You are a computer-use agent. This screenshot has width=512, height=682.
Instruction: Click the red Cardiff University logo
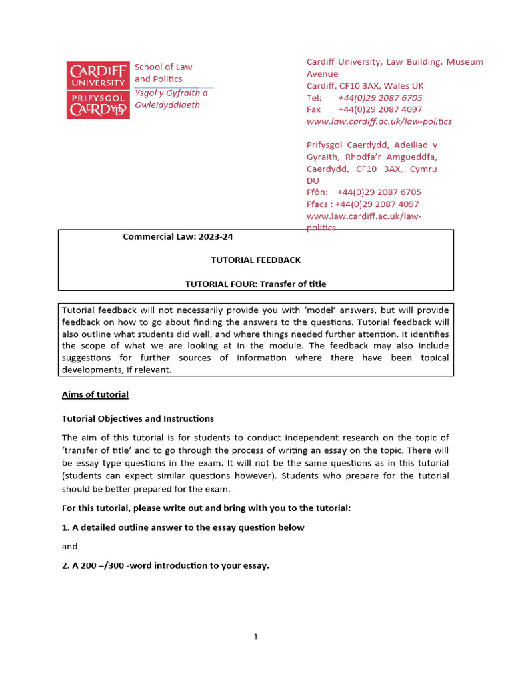97,90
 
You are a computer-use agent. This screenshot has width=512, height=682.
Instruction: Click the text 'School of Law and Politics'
163,73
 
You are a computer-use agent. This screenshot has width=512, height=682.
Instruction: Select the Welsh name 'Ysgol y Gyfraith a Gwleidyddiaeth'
171,99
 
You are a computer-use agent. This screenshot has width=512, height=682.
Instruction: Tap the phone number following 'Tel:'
379,97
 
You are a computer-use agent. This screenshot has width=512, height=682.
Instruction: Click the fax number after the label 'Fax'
379,109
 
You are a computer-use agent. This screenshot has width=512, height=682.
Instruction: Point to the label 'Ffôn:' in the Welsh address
318,192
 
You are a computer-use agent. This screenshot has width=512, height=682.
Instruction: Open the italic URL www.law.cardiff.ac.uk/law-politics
379,121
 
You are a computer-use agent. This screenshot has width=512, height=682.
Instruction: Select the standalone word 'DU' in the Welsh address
313,180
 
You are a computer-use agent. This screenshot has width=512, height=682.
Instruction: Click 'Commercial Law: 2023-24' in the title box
178,236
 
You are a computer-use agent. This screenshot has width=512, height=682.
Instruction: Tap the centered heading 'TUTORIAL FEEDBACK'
255,260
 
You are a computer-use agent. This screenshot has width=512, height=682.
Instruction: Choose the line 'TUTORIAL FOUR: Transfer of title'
255,284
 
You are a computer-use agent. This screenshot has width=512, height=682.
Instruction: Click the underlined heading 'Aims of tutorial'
95,394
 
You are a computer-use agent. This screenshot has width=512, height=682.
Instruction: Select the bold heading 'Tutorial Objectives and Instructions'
138,418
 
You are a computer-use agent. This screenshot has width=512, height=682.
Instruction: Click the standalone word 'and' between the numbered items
69,546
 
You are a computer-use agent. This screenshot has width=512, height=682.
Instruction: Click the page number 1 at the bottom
255,637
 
